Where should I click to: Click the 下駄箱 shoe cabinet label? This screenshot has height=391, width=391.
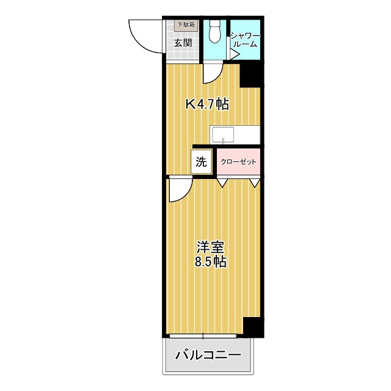point(186,25)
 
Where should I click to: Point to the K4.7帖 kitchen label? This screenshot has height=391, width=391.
point(207,104)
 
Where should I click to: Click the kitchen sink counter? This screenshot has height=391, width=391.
point(235,134)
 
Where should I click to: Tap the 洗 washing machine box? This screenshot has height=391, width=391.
point(202,163)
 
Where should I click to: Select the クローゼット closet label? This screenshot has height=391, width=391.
point(238,163)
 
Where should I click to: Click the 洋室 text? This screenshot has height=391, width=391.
point(211,247)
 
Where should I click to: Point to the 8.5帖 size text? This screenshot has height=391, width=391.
point(211,263)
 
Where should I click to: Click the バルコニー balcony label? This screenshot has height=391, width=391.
point(208,355)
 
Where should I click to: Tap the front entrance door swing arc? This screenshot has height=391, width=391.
point(145,37)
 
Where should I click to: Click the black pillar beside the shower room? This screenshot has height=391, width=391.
point(250,75)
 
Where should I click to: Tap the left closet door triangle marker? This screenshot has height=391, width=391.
point(222,181)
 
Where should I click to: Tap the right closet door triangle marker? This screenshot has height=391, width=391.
point(255,181)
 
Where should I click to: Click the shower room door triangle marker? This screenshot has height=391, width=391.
point(234,54)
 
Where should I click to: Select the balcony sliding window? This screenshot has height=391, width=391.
point(204,335)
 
